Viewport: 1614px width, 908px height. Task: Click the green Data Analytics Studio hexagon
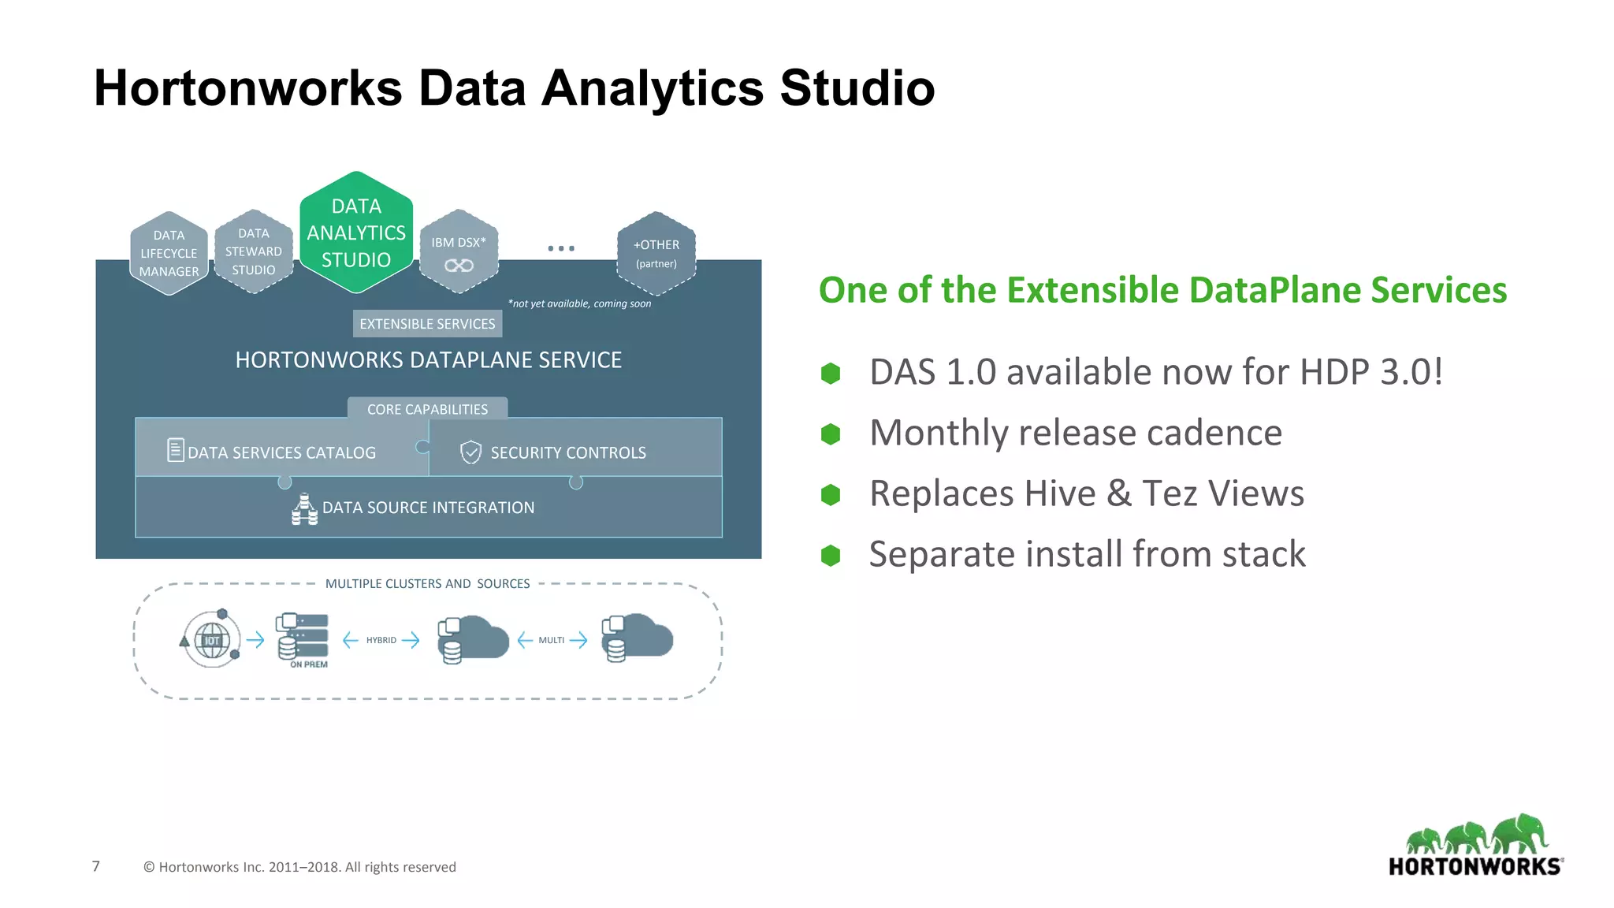[x=356, y=233]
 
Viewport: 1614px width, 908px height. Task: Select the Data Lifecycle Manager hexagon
[x=169, y=253]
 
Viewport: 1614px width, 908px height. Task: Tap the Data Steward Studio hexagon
[x=253, y=251]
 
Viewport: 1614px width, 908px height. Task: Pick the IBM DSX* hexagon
[x=459, y=252]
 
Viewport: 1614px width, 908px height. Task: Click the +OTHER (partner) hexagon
[x=656, y=253]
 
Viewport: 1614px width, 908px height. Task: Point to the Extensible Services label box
[x=427, y=324]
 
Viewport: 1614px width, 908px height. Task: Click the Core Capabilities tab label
[x=427, y=409]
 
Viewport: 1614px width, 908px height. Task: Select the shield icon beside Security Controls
[x=470, y=452]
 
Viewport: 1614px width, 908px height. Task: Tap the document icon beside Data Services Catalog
[x=176, y=450]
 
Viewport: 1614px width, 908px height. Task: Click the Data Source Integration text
[x=428, y=508]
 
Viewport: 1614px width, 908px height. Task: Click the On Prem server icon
[x=302, y=637]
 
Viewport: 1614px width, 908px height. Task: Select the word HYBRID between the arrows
[x=381, y=640]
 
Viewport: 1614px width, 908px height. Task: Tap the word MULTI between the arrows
[x=551, y=640]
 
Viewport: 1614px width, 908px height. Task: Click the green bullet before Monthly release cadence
[x=831, y=434]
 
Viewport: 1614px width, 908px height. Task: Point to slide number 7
[x=96, y=866]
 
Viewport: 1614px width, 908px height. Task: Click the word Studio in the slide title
[x=857, y=87]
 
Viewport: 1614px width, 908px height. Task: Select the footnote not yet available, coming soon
[x=579, y=303]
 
